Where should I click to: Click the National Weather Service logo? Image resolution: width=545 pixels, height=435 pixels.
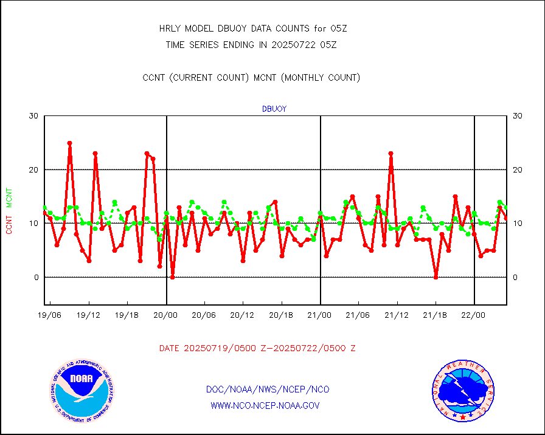point(463,391)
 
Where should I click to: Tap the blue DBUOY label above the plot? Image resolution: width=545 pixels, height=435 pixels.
point(274,109)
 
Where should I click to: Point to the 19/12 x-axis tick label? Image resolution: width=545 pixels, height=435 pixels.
point(89,315)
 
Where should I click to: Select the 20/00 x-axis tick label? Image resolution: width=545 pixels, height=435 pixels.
point(165,315)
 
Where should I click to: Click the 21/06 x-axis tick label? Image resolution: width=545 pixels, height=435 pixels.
point(358,315)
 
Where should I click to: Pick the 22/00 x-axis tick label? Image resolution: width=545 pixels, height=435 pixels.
point(473,315)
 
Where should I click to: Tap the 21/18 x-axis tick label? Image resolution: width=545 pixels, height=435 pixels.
point(435,315)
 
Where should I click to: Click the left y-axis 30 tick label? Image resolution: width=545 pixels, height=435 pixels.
point(33,116)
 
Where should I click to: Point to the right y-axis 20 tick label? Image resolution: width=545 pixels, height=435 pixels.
point(518,170)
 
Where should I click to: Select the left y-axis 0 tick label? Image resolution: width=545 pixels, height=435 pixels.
point(35,278)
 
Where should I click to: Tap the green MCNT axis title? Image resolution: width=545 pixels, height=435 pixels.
point(9,198)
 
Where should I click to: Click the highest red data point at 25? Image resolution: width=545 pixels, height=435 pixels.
point(69,143)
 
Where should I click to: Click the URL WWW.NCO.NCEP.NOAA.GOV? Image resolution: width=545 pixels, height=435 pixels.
point(265,405)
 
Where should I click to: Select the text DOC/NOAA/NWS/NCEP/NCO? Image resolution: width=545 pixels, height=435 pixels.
point(268,389)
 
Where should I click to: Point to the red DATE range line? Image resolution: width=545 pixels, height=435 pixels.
point(257,349)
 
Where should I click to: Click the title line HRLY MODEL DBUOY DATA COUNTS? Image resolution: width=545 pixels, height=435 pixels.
point(252,29)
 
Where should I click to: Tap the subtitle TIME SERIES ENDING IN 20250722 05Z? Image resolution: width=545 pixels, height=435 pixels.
point(251,44)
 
